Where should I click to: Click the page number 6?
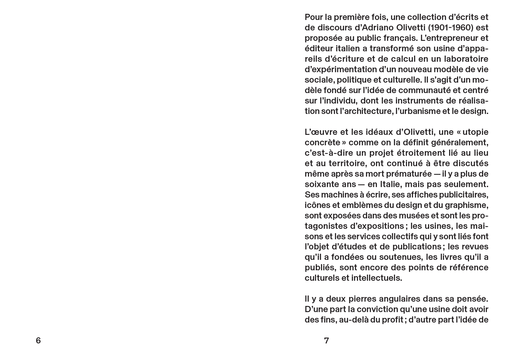(38, 341)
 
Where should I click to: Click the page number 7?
(327, 341)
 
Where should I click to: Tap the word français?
(395, 38)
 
